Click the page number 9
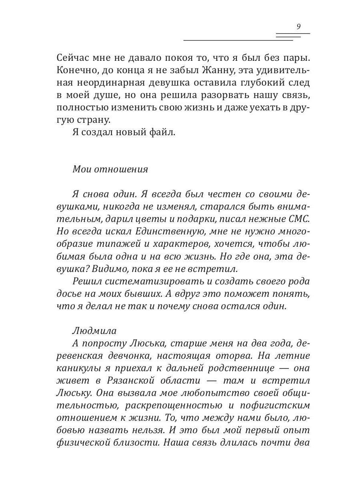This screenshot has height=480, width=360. click(x=299, y=27)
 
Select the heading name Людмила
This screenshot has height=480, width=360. click(x=94, y=331)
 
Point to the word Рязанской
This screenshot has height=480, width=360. click(x=136, y=381)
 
